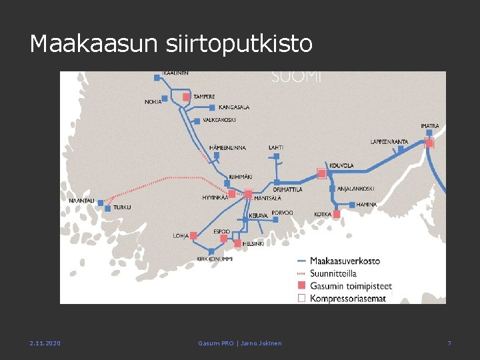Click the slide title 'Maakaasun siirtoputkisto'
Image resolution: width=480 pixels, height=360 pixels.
pos(171,44)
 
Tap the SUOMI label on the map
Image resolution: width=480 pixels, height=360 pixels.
pos(297,77)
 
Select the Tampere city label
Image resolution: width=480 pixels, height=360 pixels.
pos(204,97)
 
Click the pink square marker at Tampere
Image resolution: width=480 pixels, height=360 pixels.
pos(187,97)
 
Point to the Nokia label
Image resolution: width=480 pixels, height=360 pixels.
pos(153,102)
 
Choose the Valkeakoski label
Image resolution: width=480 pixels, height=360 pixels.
pos(219,121)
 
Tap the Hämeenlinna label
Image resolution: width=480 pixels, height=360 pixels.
pos(227,147)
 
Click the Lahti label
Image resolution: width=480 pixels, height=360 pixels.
pos(276,147)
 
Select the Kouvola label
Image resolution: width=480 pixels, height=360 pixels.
pos(341,165)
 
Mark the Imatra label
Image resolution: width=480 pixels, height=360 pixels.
pos(429,125)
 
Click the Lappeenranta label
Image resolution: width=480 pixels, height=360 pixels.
pos(389,141)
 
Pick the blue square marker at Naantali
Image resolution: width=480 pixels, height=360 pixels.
pos(101,203)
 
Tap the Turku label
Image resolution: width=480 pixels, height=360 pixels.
pos(122,207)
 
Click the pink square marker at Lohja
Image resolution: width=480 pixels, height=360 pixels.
pos(193,235)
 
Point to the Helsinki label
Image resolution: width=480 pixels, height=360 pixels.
pos(253,244)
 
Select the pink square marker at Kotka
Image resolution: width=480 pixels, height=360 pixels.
pos(337,214)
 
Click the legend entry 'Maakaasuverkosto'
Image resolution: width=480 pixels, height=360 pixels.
pos(345,261)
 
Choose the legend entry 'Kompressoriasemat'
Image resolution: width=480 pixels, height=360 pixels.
pos(347,298)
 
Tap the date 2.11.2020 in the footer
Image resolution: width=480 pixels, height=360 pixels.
pos(45,343)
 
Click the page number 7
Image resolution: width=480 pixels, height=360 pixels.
pos(449,343)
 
